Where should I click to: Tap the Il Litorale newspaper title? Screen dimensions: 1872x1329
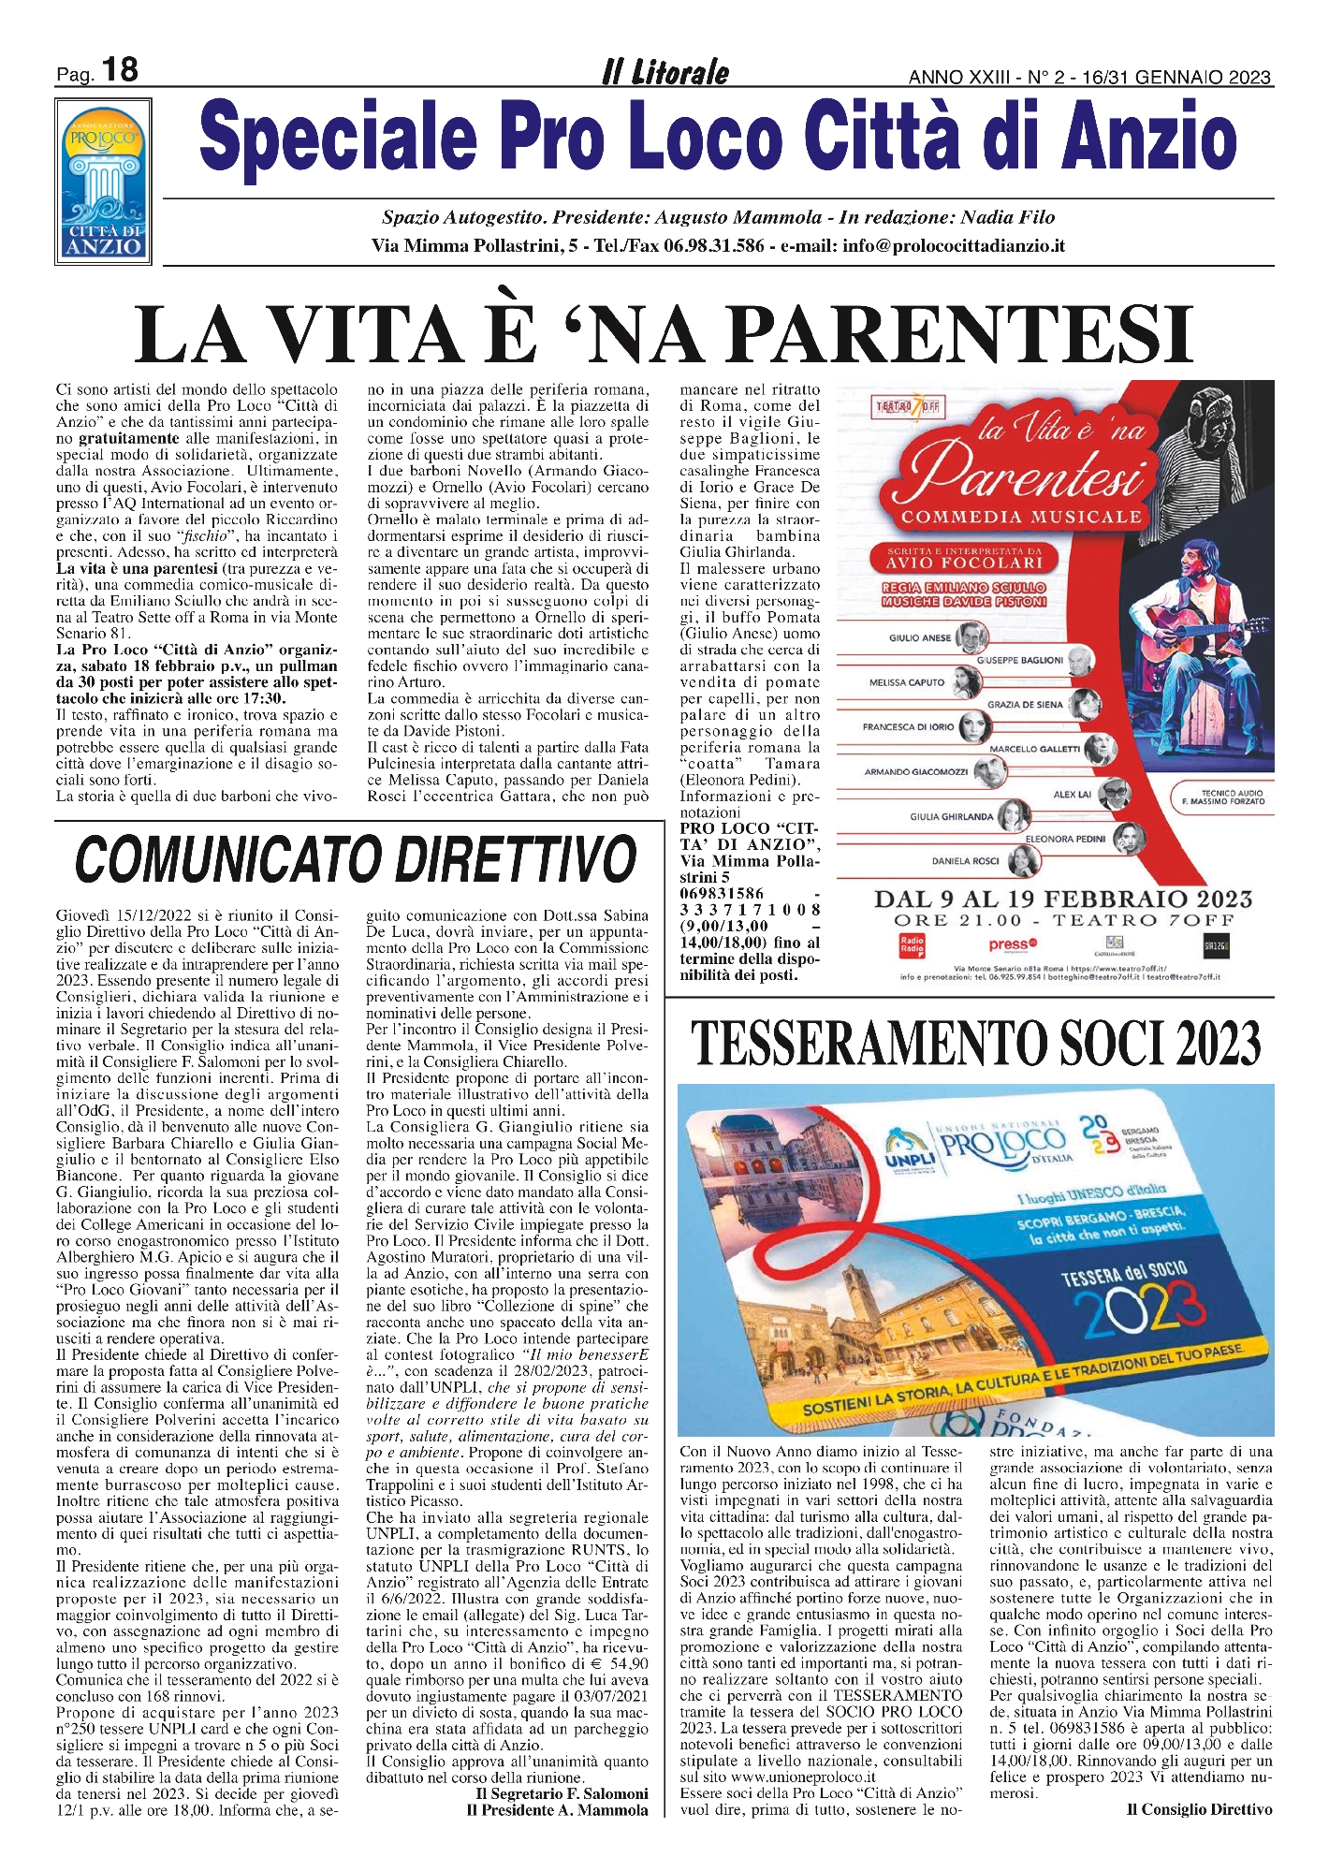665,72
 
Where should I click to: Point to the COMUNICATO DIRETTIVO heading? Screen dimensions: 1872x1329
356,858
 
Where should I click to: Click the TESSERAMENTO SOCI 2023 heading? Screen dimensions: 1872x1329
975,1042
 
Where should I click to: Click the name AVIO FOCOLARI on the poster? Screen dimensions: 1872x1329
965,563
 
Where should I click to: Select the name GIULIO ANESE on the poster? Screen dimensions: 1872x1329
919,638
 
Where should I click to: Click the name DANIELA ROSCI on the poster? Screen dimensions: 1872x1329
965,860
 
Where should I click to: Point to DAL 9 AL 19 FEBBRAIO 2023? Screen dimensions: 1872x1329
1062,899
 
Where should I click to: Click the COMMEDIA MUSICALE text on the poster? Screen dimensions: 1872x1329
1021,517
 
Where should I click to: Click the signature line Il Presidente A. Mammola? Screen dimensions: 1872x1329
557,1809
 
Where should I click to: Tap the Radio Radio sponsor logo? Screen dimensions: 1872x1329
911,944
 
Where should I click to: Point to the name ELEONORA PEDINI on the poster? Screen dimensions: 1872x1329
1065,839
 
